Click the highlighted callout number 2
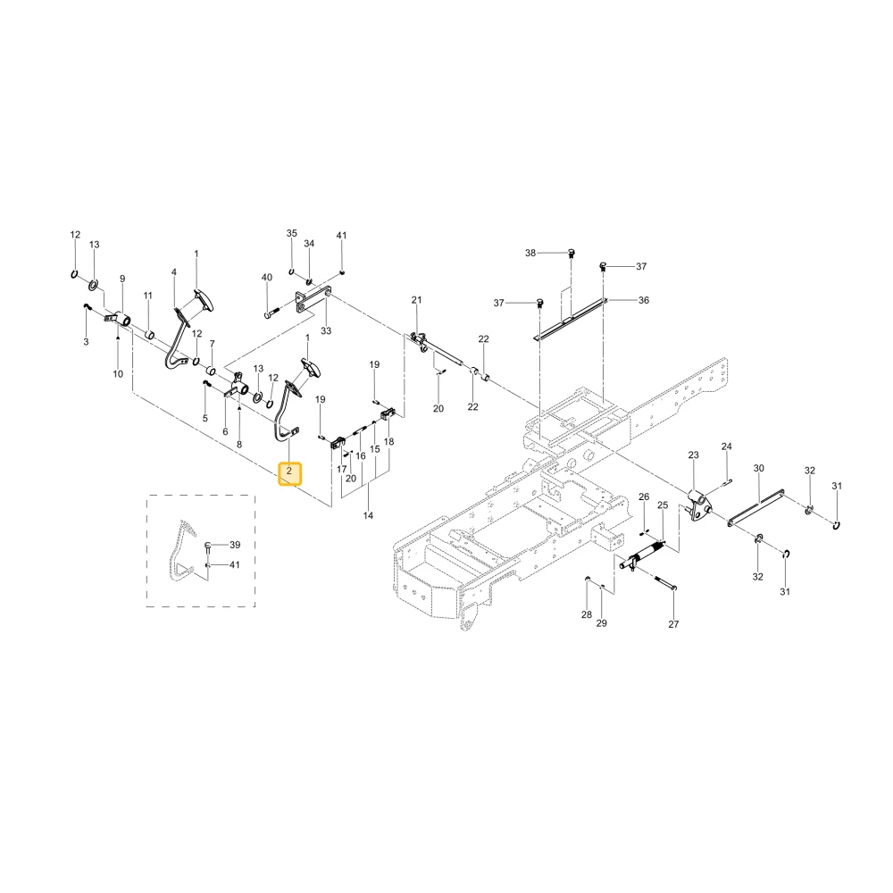[289, 472]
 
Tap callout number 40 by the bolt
[266, 278]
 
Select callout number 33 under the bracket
[326, 331]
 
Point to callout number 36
[644, 300]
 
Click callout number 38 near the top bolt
[530, 253]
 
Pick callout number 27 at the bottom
[673, 624]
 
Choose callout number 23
[693, 455]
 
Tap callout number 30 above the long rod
[758, 468]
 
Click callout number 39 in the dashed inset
[235, 545]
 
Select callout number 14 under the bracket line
[368, 515]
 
